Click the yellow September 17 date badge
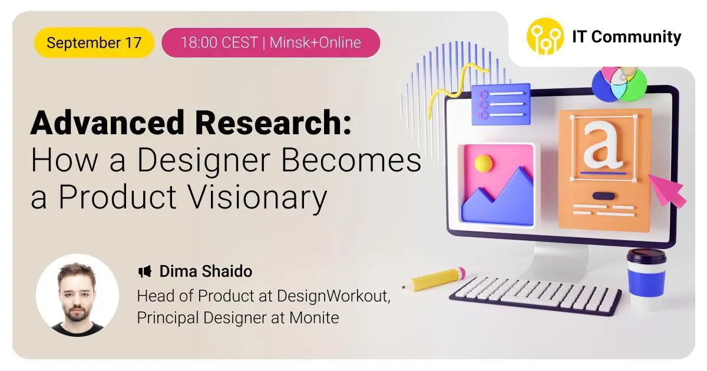tap(94, 42)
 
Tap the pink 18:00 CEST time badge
tap(270, 42)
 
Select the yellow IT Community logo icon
tap(545, 37)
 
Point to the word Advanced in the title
tap(107, 122)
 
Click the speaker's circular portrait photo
tap(77, 295)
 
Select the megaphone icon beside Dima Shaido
tap(145, 271)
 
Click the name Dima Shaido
tap(206, 271)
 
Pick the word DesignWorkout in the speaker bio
tap(333, 296)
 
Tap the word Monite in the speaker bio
tap(314, 317)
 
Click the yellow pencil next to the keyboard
tap(434, 279)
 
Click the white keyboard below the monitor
tap(536, 295)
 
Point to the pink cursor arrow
tap(666, 191)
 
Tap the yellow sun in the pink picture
tap(483, 163)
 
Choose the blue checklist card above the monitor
tap(501, 104)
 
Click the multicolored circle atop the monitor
tap(619, 84)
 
